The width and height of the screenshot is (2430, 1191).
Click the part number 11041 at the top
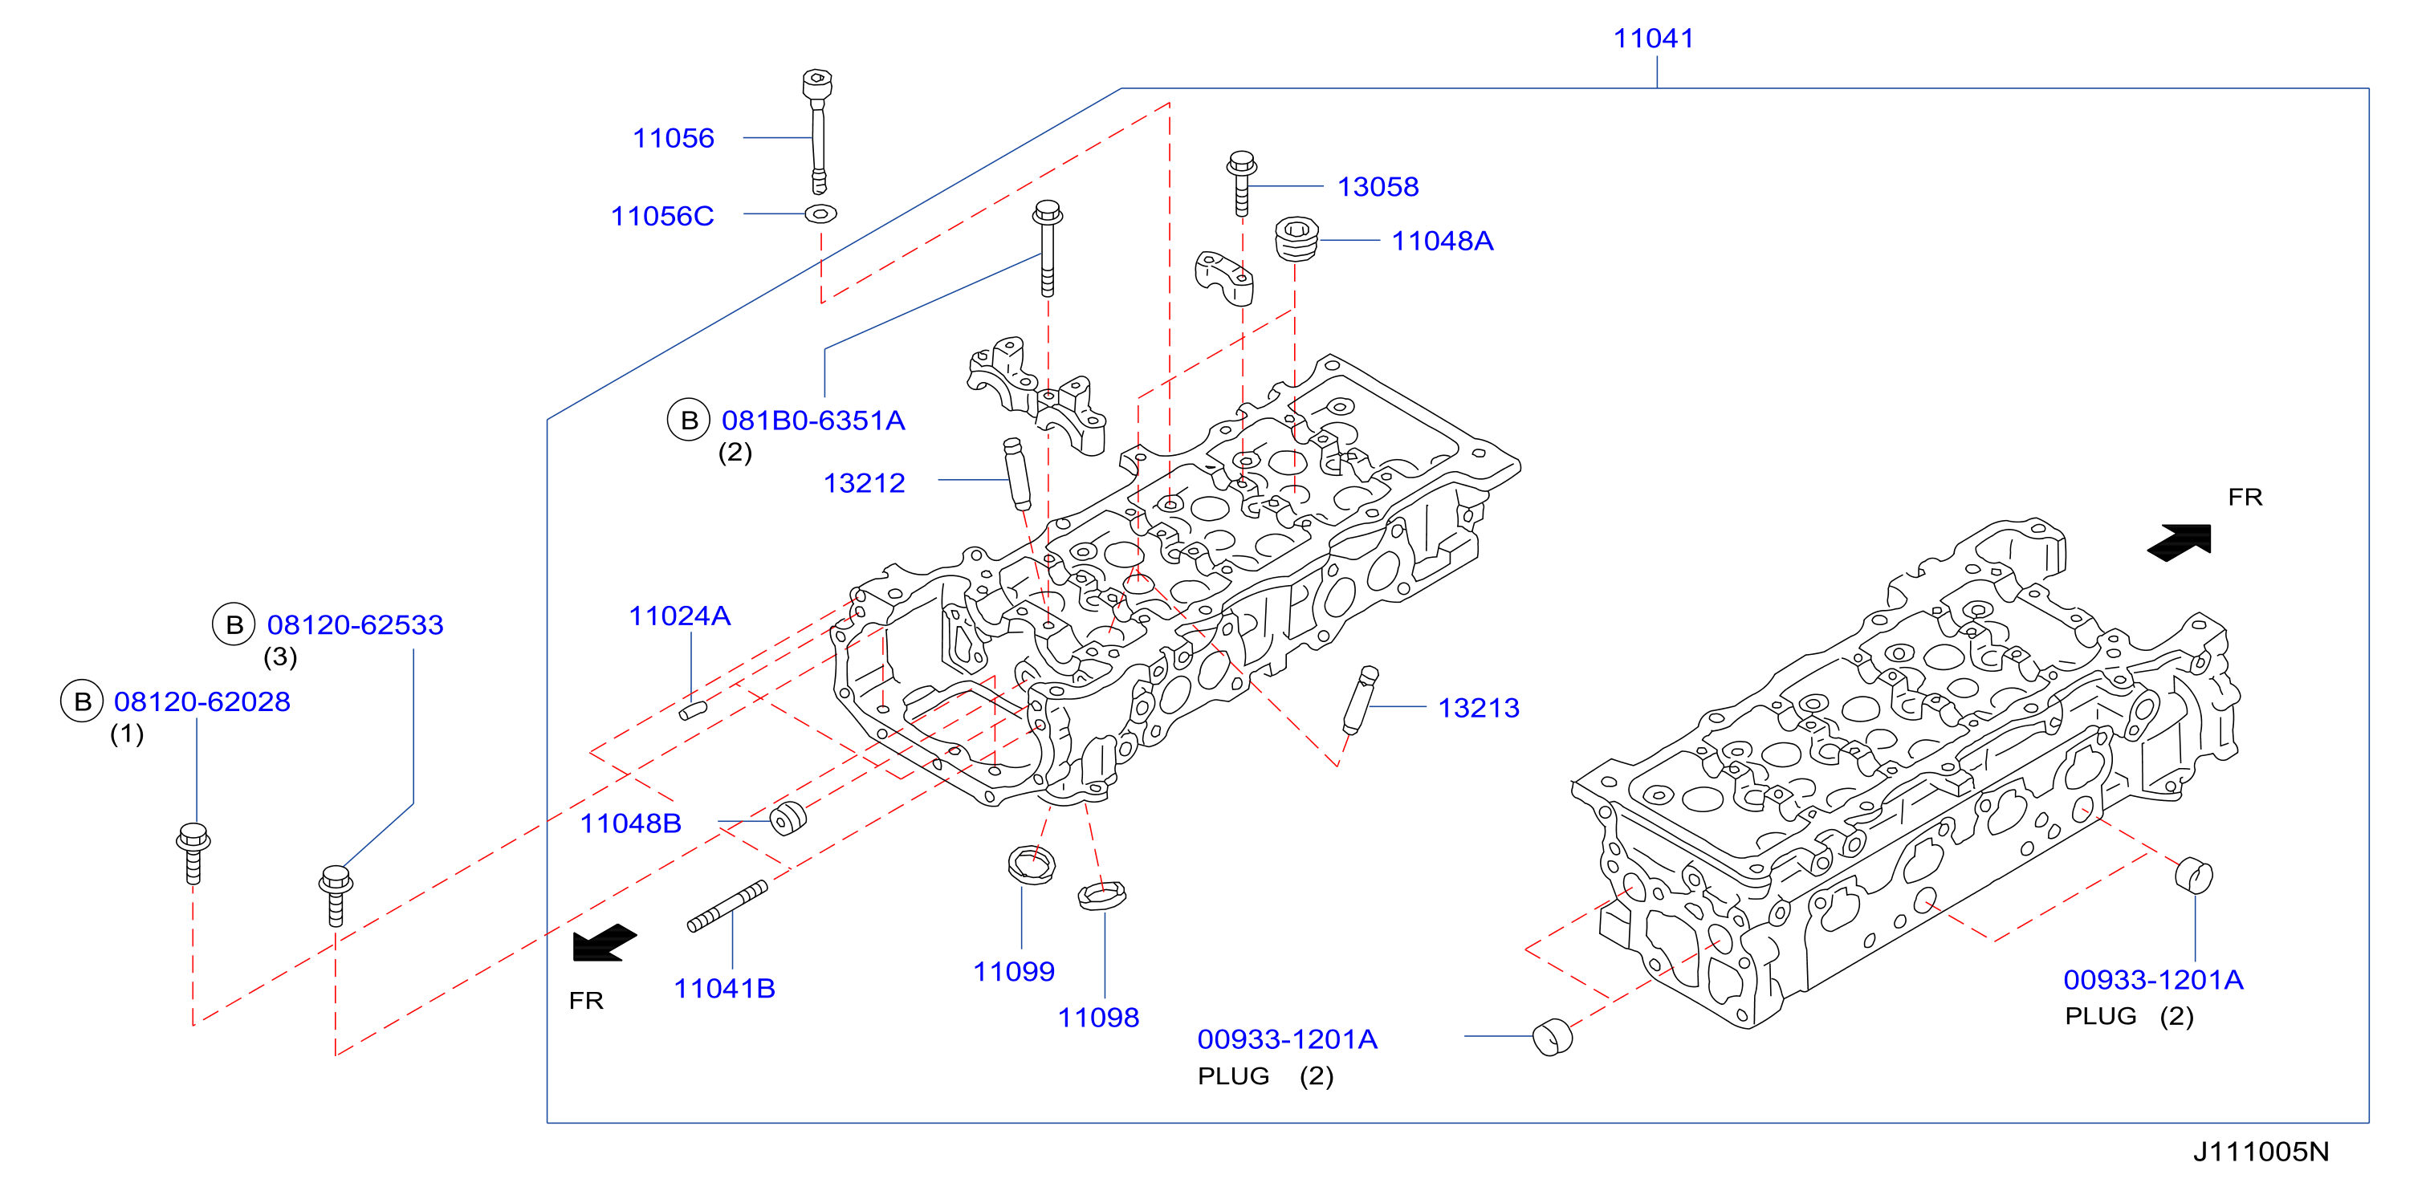tap(1653, 39)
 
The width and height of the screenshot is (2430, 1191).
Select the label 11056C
tap(662, 216)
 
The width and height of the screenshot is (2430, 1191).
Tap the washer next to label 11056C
tap(820, 214)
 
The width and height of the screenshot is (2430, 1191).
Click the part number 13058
tap(1378, 187)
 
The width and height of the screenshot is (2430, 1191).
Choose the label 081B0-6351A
tap(813, 421)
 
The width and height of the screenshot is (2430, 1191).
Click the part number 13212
tap(864, 483)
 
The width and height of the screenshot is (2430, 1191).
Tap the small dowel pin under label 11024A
tap(694, 710)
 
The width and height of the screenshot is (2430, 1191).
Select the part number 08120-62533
tap(355, 624)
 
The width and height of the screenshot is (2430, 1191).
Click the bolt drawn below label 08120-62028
tap(193, 853)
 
